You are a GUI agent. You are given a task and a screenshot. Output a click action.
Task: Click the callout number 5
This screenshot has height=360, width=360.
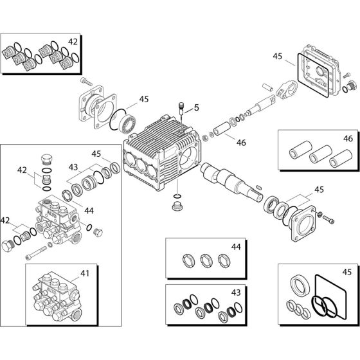pos(197,107)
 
